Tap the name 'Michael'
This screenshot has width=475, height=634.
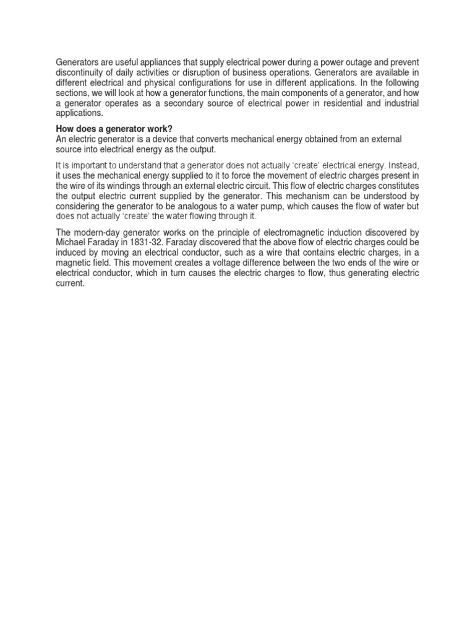[x=71, y=242]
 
